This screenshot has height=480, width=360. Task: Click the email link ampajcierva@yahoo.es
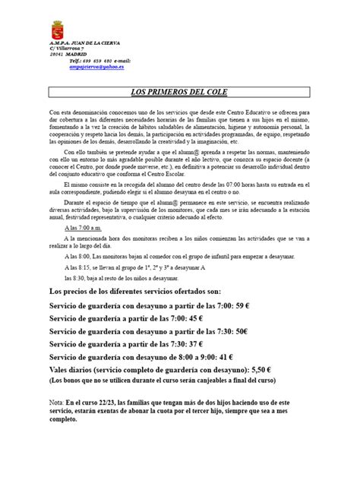97,66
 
